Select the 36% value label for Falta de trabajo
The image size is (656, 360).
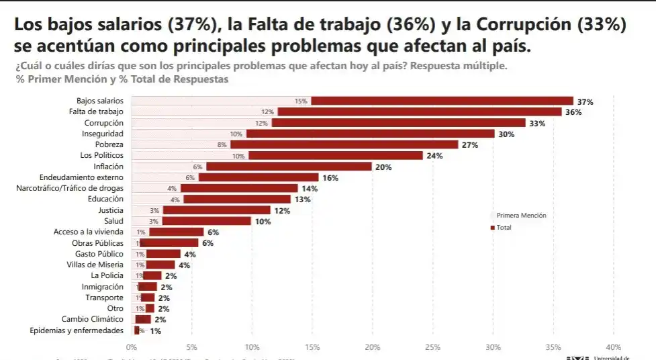(x=573, y=113)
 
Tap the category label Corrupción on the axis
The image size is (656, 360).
(x=103, y=124)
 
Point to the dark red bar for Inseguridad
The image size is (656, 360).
(x=370, y=134)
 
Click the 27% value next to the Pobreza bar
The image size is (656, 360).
(x=469, y=145)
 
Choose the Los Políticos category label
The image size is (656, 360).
(x=101, y=156)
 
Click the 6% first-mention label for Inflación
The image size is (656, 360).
(x=197, y=167)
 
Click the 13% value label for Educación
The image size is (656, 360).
(x=301, y=199)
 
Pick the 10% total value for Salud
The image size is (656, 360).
(x=262, y=222)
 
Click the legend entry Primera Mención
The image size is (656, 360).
(x=520, y=216)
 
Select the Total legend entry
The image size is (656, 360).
(x=504, y=228)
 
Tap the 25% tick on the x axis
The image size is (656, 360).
(x=432, y=347)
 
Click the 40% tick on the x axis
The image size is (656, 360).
(x=613, y=347)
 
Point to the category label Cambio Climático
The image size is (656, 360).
(x=93, y=320)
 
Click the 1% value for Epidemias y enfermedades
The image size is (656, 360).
(x=155, y=331)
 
